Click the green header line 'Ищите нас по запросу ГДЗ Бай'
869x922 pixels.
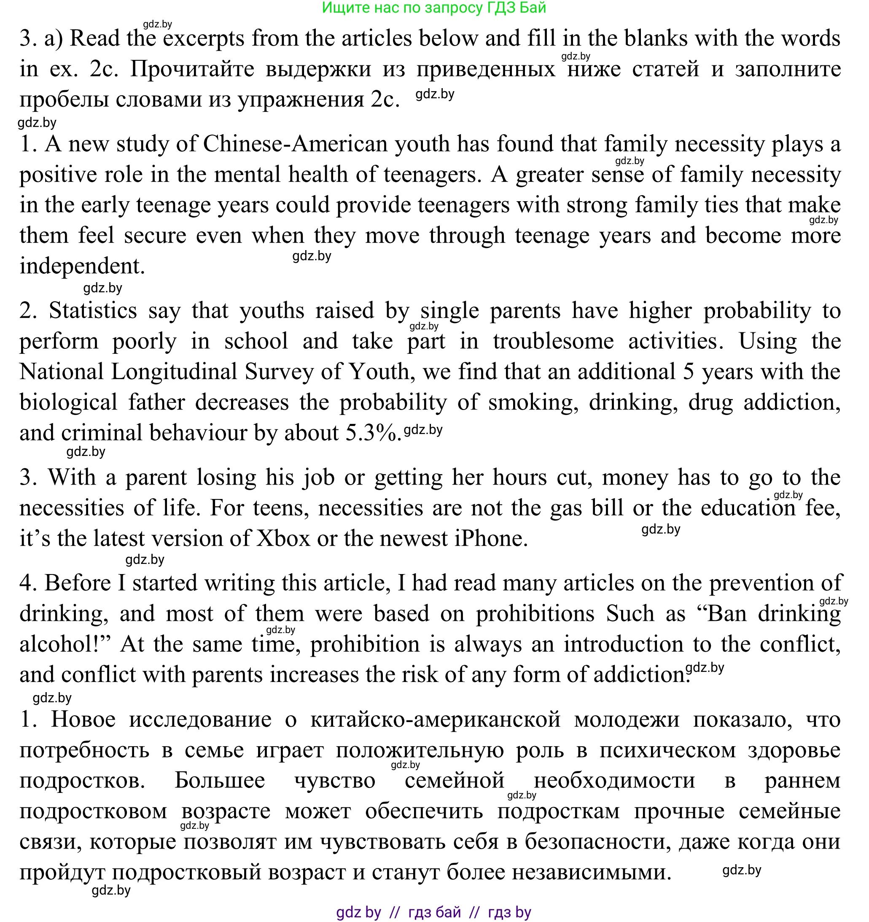(433, 8)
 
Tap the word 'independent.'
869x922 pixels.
(82, 266)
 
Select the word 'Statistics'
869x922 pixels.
(93, 311)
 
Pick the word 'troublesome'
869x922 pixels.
(553, 341)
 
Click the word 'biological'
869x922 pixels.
(68, 402)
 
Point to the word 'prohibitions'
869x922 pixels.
(535, 614)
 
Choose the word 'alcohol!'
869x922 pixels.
(65, 644)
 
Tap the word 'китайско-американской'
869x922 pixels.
(436, 720)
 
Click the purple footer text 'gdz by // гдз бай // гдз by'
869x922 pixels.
(433, 912)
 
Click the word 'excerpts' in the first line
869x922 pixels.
(203, 38)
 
